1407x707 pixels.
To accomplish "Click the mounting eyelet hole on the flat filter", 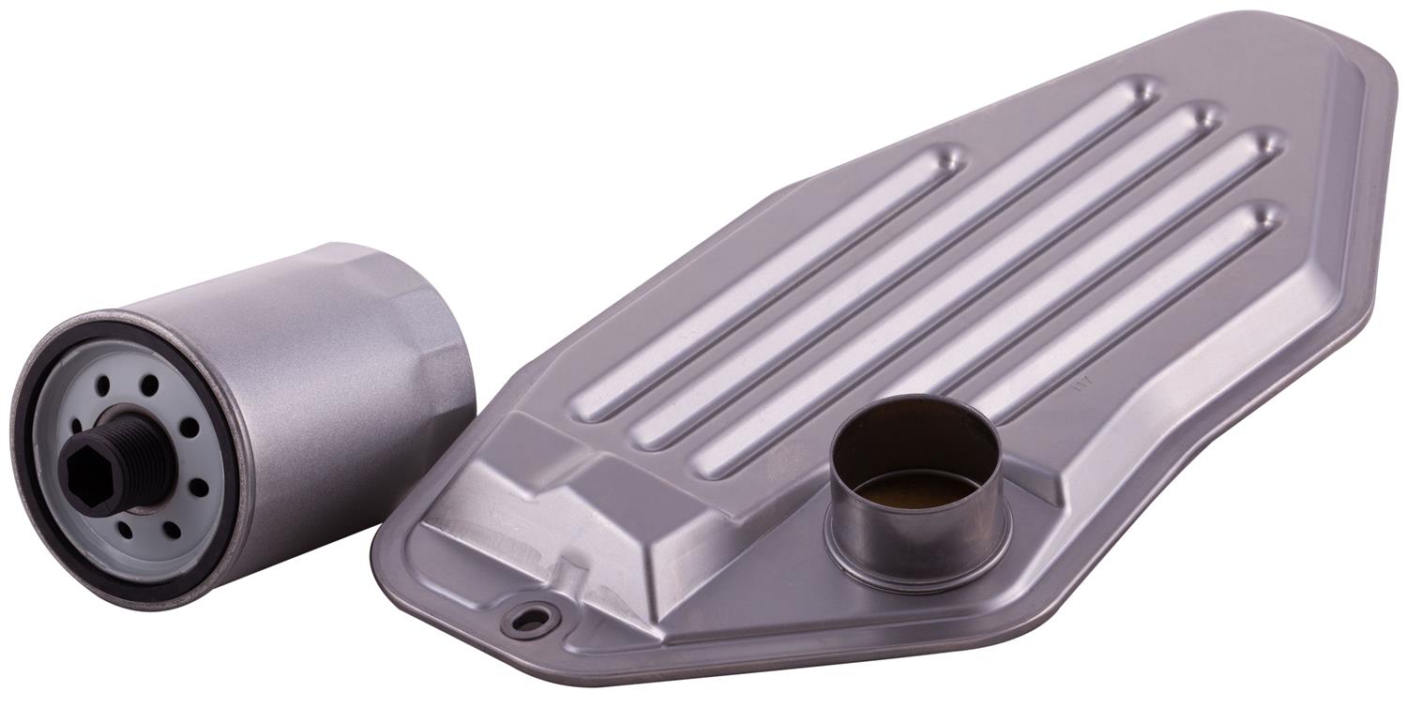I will (x=530, y=621).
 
